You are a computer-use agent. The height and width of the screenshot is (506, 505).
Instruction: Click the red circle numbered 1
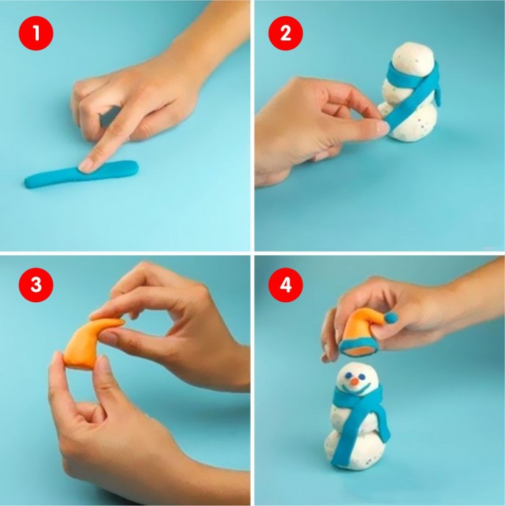click(36, 33)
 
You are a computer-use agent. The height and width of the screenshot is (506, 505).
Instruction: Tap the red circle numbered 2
click(286, 33)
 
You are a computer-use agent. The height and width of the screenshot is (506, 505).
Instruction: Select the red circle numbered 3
click(36, 285)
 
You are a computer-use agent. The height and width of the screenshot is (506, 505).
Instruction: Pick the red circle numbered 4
click(286, 285)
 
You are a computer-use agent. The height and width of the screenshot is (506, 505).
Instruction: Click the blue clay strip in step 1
click(81, 175)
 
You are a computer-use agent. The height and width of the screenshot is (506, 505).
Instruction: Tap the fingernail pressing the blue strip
click(86, 165)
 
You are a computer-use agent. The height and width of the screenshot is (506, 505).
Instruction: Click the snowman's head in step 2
click(412, 59)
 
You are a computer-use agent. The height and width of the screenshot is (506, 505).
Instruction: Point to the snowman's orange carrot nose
click(354, 382)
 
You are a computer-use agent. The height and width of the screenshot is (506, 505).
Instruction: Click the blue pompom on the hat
click(391, 318)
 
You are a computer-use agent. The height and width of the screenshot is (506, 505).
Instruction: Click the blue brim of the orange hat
click(358, 348)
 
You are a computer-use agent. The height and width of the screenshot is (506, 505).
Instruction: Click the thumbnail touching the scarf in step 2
click(383, 128)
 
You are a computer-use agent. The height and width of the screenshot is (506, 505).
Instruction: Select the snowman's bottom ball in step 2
click(413, 122)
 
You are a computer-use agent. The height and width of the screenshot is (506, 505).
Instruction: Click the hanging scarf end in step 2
click(436, 94)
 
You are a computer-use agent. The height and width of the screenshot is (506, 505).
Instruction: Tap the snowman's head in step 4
click(357, 378)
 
